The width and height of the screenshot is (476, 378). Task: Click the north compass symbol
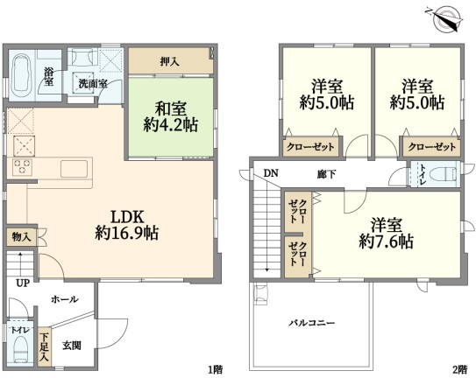click(x=444, y=19)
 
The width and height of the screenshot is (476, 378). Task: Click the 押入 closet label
click(x=170, y=61)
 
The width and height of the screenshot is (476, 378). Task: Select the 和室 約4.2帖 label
click(x=171, y=117)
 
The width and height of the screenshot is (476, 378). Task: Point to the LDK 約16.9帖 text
click(x=126, y=225)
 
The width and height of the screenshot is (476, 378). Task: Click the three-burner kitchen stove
click(x=22, y=167)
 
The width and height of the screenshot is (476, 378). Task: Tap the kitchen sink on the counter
click(x=74, y=169)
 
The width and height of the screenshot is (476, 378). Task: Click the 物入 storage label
click(x=21, y=237)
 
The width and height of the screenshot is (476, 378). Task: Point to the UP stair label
click(x=23, y=283)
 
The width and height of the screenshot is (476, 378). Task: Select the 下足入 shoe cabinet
click(x=45, y=346)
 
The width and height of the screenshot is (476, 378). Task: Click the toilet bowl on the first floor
click(x=20, y=349)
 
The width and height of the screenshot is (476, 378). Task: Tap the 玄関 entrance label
click(x=72, y=346)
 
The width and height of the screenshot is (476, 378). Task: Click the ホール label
click(x=65, y=299)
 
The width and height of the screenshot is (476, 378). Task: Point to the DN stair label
click(x=271, y=173)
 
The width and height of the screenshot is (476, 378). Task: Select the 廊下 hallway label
click(x=326, y=174)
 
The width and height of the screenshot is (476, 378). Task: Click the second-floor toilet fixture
click(x=448, y=174)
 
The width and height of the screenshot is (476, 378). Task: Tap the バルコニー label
click(x=311, y=323)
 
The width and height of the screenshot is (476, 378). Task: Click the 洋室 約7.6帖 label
click(x=386, y=233)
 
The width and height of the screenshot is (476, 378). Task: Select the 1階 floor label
click(x=216, y=369)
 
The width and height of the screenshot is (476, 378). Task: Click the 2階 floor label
click(x=459, y=369)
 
